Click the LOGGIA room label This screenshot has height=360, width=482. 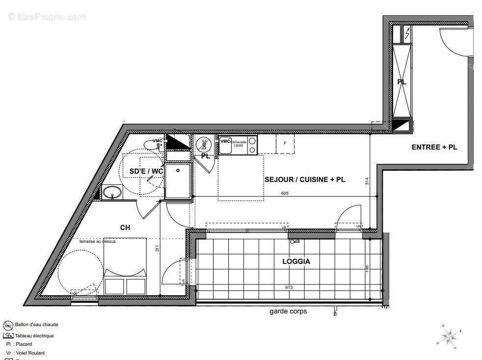coord(296,261)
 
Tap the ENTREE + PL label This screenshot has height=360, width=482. coord(434,147)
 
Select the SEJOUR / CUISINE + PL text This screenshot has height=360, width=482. coord(304,180)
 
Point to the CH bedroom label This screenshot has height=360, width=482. coord(125,228)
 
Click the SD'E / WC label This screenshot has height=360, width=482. coord(146,171)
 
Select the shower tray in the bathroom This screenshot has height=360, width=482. coord(178,181)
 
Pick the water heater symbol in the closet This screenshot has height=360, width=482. coord(203,145)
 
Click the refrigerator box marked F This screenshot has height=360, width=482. coord(285,144)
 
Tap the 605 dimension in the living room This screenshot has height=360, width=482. coord(285,193)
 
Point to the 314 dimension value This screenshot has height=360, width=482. coord(367,181)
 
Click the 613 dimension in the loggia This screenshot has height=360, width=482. coord(288,287)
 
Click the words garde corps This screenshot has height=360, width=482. coord(288,311)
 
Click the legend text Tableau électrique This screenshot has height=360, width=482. coord(34,336)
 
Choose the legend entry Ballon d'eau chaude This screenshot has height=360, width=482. coord(36,325)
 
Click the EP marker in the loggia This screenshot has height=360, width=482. coord(294,242)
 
